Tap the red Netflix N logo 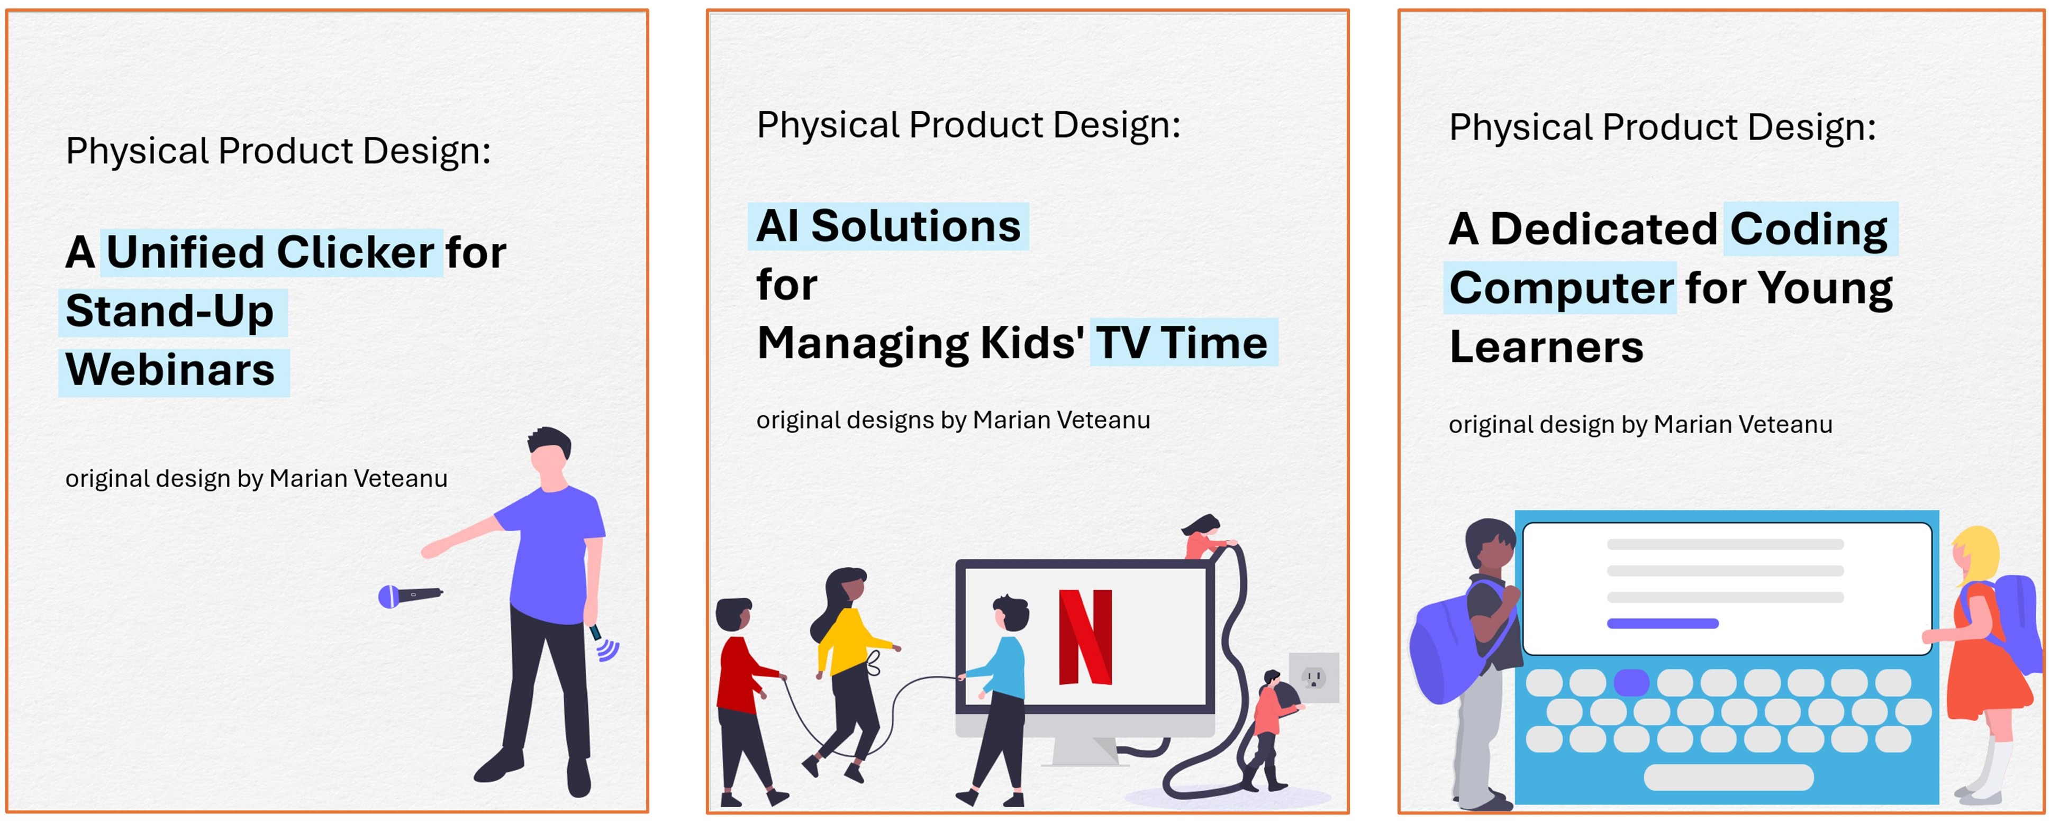point(1085,637)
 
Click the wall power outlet point(1313,678)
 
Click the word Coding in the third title point(1809,230)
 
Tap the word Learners point(1546,348)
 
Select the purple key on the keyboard point(1631,682)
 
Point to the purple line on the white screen point(1663,623)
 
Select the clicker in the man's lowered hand point(604,643)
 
